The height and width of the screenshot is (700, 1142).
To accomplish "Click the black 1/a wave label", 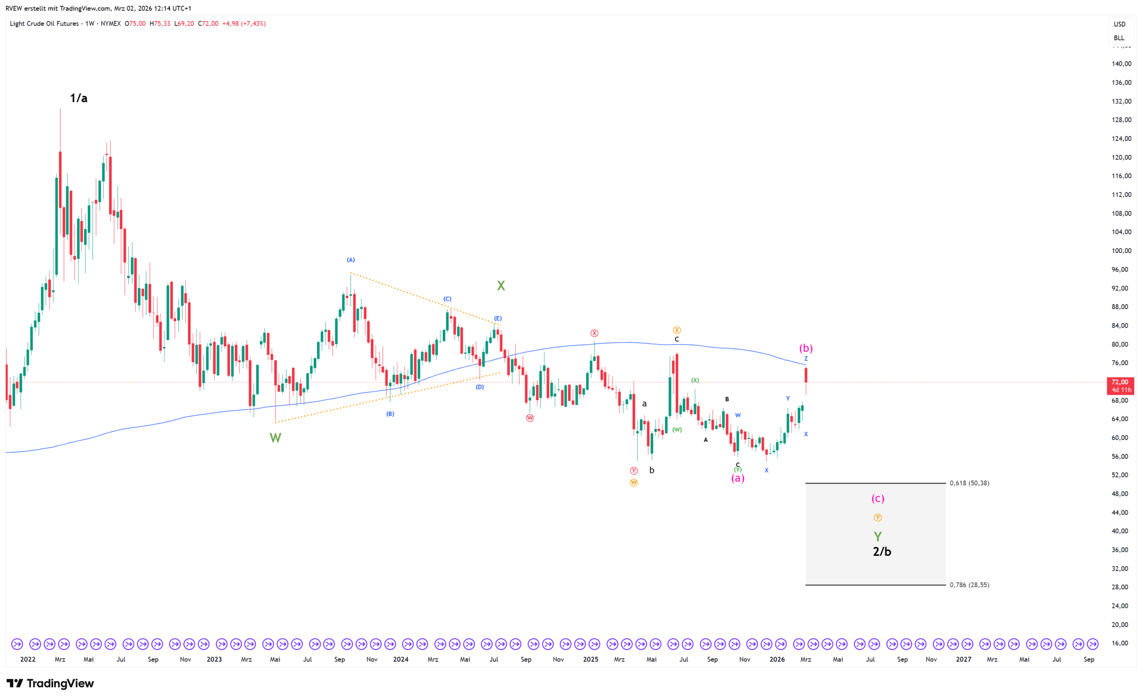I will [79, 98].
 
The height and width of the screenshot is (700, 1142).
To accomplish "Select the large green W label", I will [275, 438].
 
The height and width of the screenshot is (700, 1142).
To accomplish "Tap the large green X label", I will [501, 286].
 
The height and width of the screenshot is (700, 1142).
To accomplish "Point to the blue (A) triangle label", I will [351, 260].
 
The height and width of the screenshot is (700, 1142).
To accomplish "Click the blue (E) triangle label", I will [497, 318].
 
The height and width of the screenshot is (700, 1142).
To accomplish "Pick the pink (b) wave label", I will [806, 348].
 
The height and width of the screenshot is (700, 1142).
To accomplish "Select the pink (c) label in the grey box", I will [878, 498].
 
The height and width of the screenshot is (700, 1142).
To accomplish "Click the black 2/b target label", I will [882, 552].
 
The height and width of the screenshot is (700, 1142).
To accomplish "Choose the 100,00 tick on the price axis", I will [1121, 251].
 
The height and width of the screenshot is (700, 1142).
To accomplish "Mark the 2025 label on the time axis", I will [591, 659].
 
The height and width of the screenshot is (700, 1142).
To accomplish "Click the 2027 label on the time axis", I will [963, 659].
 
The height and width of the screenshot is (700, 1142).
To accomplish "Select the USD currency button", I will [1119, 24].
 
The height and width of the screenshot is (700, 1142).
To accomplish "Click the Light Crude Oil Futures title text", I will [44, 24].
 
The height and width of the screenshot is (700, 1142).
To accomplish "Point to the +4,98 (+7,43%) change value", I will [244, 24].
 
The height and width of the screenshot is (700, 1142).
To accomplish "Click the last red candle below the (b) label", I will [806, 376].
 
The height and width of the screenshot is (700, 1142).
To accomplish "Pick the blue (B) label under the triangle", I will [390, 414].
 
